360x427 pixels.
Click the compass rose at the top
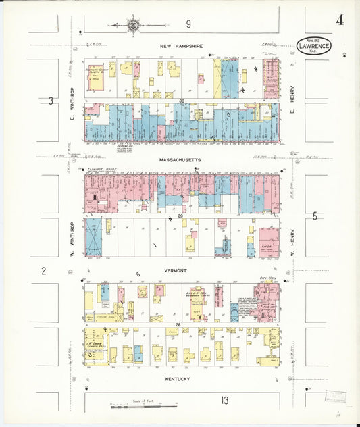(x=133, y=26)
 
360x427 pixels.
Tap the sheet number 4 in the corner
(x=339, y=20)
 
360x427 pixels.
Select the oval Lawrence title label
(x=314, y=45)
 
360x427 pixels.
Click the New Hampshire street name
(x=180, y=46)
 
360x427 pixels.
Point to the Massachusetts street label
(x=180, y=160)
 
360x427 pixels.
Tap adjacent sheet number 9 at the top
(x=188, y=24)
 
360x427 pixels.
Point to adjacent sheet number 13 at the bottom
(x=224, y=401)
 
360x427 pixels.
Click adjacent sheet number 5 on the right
(x=315, y=216)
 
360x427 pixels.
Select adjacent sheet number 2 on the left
(x=43, y=271)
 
